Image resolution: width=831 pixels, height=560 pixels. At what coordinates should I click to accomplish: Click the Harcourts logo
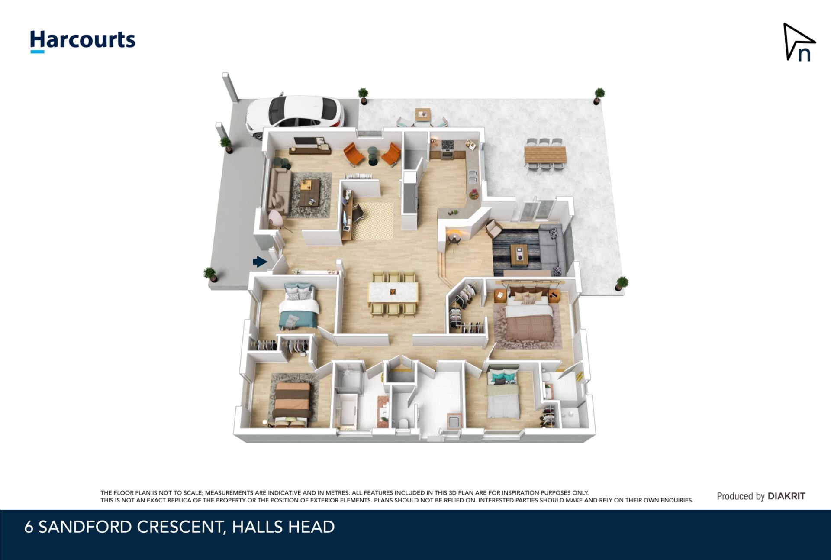tap(83, 41)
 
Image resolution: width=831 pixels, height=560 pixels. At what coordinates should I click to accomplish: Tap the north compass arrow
tap(799, 42)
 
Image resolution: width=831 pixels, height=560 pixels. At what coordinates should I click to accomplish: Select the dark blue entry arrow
tap(260, 262)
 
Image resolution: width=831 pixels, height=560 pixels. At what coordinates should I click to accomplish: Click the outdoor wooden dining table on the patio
tap(545, 155)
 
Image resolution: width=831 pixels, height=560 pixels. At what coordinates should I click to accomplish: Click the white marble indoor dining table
tap(393, 292)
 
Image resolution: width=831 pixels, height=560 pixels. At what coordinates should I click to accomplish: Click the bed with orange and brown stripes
tap(291, 403)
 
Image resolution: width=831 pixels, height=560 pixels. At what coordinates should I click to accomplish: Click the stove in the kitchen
tap(447, 149)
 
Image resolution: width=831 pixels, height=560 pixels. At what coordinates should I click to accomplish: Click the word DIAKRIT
tap(786, 496)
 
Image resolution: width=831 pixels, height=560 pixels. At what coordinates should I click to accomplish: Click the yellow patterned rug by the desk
tap(372, 221)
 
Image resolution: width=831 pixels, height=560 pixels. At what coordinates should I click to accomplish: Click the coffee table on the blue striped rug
tap(519, 255)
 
